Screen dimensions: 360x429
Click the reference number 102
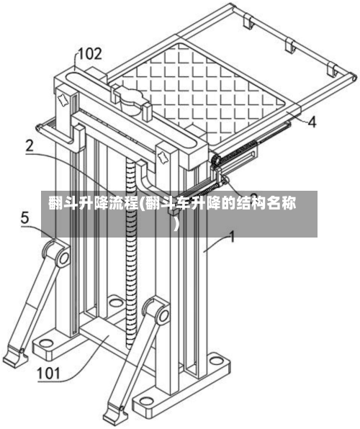tap(90, 54)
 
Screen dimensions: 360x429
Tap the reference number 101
tap(48, 374)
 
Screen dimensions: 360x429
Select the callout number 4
tap(312, 122)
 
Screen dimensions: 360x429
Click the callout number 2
tap(30, 146)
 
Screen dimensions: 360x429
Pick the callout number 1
tap(232, 237)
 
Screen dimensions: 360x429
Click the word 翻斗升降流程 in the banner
tap(94, 203)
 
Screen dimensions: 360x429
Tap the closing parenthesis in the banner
tap(177, 224)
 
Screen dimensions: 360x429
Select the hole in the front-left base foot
tap(46, 343)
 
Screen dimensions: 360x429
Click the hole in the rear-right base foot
tap(216, 361)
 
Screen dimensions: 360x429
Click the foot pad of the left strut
tap(14, 357)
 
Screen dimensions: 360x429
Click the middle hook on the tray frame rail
tap(290, 45)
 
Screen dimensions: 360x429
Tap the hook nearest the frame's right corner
tap(333, 70)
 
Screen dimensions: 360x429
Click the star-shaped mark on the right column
tap(163, 158)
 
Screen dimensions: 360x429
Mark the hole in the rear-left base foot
tap(116, 303)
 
